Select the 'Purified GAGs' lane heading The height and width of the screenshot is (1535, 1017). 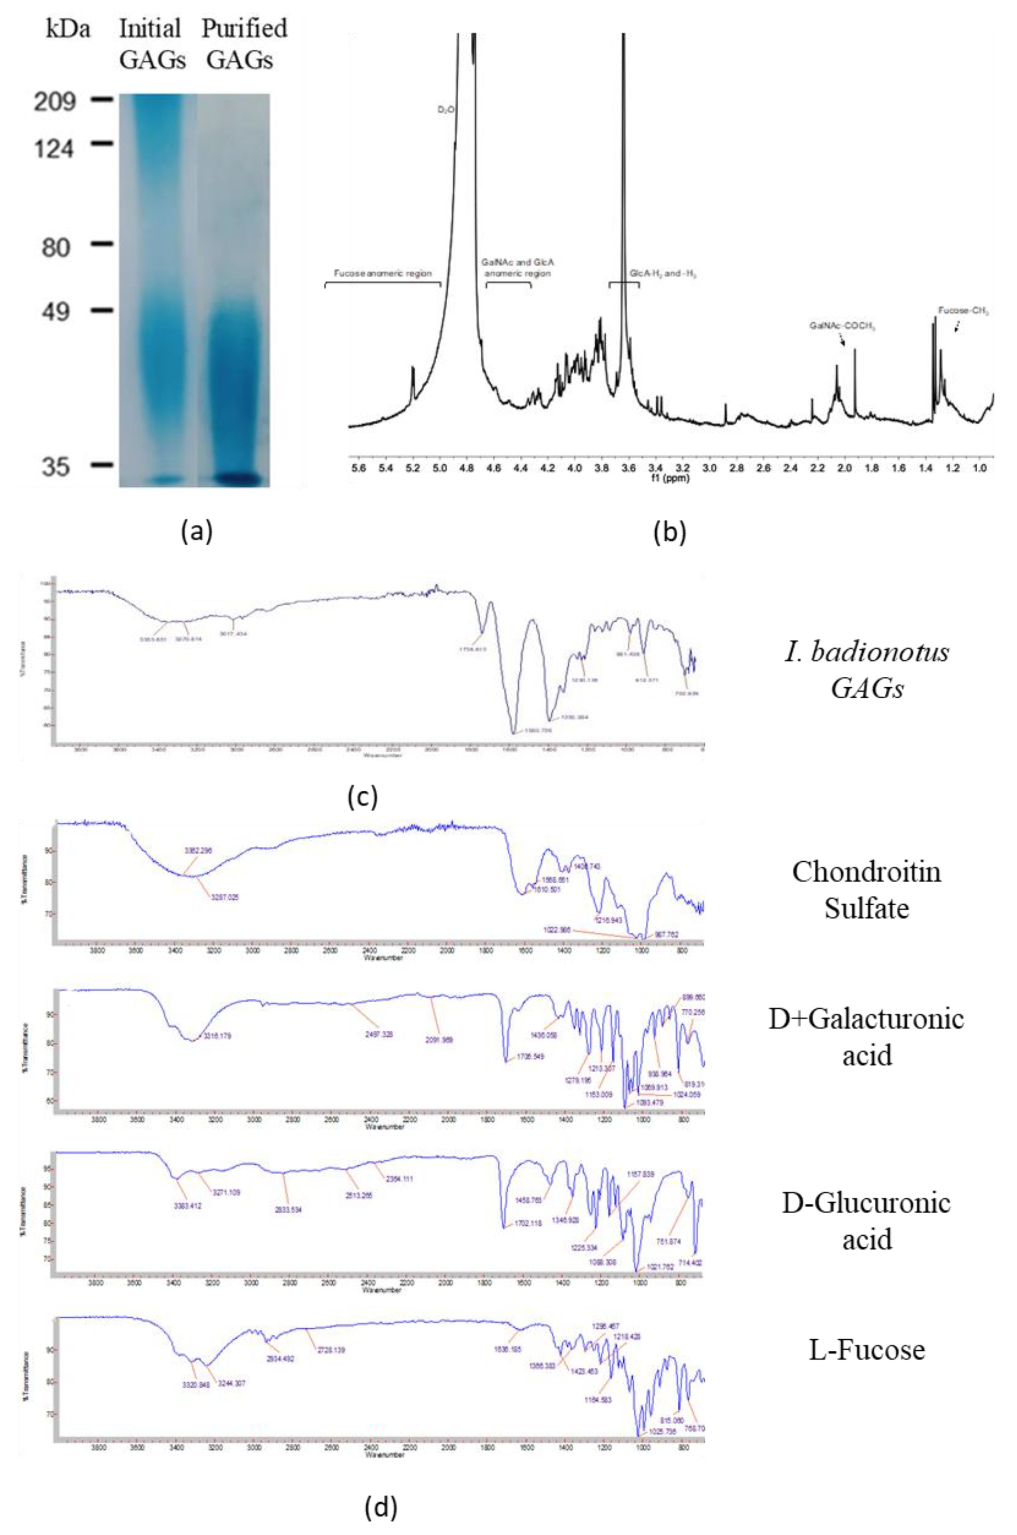(244, 44)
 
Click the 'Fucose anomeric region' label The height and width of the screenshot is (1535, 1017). (383, 274)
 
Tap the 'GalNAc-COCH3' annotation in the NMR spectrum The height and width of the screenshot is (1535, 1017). (842, 326)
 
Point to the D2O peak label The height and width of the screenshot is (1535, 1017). (445, 110)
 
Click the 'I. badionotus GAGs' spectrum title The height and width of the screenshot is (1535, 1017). (867, 670)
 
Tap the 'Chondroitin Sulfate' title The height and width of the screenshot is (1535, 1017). (867, 890)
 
